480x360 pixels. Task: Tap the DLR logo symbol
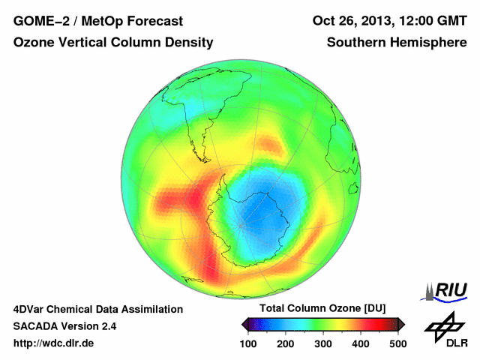(442, 324)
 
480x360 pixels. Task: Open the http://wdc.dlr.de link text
(54, 343)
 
